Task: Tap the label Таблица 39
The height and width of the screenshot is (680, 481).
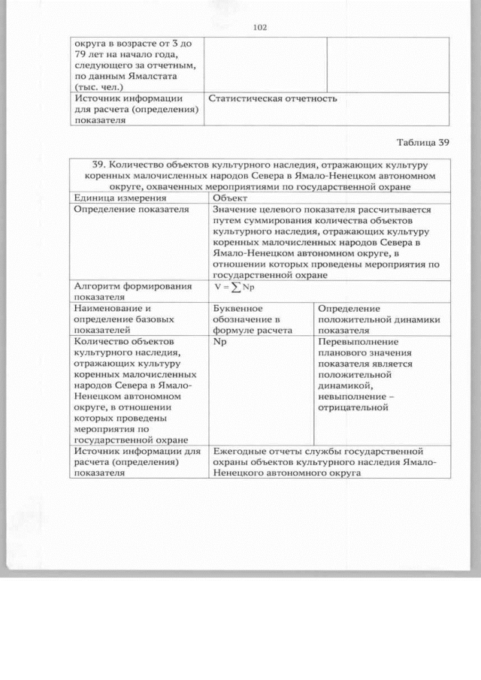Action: [x=422, y=143]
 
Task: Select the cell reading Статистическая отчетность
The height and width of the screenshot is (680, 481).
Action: [x=272, y=99]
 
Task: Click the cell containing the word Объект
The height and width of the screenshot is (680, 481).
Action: [x=228, y=198]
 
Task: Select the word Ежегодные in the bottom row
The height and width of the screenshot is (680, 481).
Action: [x=238, y=452]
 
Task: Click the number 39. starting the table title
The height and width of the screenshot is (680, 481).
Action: [x=100, y=163]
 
